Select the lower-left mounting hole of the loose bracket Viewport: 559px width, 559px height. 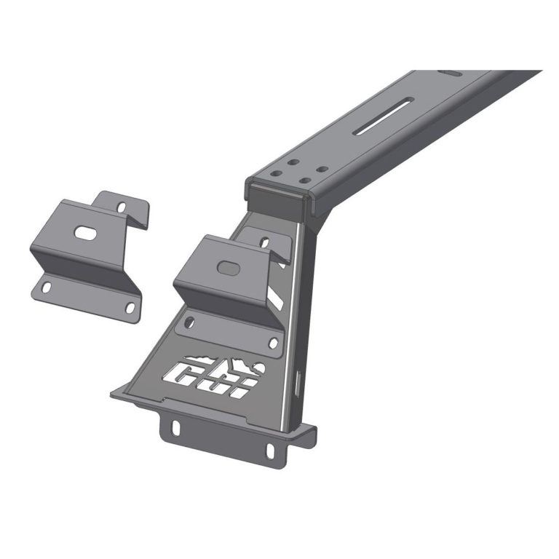(x=46, y=289)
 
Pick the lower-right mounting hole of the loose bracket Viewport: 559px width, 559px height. (x=130, y=308)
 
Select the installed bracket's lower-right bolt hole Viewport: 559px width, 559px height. (x=273, y=341)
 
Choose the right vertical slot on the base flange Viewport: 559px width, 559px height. (x=270, y=449)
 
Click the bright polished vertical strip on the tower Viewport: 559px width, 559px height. (x=294, y=320)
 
